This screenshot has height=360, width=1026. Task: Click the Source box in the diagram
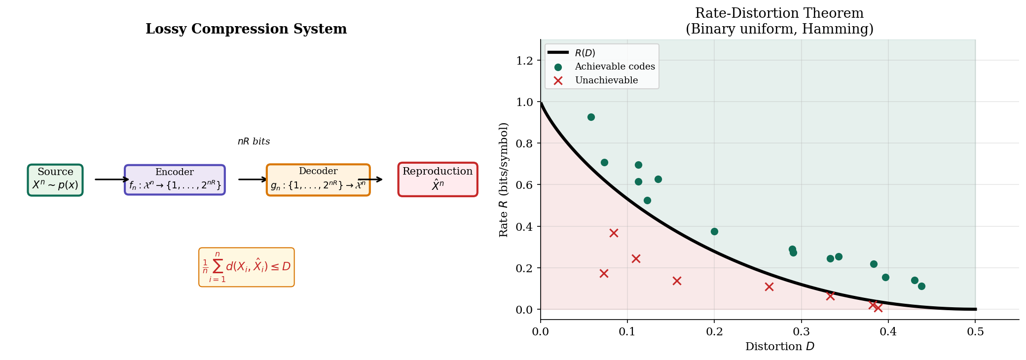(x=55, y=180)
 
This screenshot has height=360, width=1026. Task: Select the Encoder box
(x=175, y=180)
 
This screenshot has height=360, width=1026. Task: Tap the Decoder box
(x=318, y=180)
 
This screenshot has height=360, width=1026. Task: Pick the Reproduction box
(x=438, y=180)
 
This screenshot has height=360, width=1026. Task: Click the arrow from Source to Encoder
(x=111, y=180)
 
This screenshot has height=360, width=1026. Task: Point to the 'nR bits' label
(x=254, y=142)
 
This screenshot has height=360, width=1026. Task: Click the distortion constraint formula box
(x=246, y=267)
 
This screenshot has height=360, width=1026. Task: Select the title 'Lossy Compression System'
(x=246, y=29)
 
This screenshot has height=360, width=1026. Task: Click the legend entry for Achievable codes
(x=615, y=67)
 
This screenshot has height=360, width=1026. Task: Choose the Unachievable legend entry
(x=606, y=80)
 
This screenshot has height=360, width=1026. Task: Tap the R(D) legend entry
(x=585, y=53)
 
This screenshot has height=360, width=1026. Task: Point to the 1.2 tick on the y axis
(x=524, y=61)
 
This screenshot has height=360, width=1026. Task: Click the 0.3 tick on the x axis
(x=801, y=332)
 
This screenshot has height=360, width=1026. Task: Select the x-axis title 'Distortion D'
(x=779, y=347)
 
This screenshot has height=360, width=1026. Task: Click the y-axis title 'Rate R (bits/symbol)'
(x=504, y=180)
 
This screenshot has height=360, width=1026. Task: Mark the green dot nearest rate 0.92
(x=591, y=117)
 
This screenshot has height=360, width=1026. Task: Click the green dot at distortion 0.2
(x=714, y=231)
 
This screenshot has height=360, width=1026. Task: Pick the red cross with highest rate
(x=614, y=233)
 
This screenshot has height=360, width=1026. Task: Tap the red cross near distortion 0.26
(x=769, y=287)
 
